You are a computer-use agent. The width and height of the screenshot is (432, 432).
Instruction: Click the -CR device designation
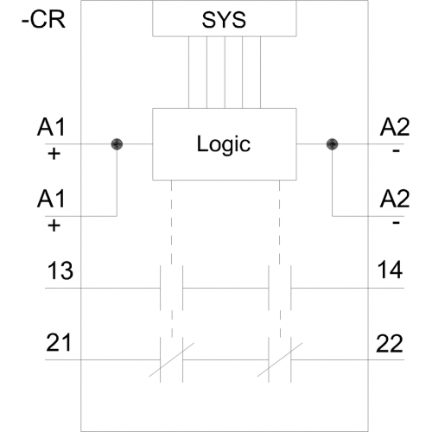[x=44, y=20]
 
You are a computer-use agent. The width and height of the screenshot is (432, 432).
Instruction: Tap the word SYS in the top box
[x=224, y=20]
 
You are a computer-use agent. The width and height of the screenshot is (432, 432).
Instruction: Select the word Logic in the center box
[x=224, y=144]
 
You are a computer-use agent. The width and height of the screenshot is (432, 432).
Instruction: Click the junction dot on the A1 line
[x=117, y=144]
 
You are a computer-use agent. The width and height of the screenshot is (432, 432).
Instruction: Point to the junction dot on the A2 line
[x=332, y=144]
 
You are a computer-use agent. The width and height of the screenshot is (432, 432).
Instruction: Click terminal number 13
[x=60, y=270]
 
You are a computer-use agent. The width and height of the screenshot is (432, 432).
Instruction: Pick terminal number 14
[x=390, y=270]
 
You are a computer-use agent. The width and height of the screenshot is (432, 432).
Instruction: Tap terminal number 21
[x=59, y=342]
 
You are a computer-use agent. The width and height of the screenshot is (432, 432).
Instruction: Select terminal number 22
[x=390, y=343]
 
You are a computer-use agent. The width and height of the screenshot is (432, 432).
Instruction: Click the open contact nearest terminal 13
[x=171, y=288]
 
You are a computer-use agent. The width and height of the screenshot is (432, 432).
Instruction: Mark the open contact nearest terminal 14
[x=280, y=288]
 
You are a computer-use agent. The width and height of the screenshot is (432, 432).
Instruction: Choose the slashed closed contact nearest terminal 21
[x=171, y=359]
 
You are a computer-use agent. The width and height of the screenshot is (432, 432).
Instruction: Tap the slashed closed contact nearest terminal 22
[x=280, y=359]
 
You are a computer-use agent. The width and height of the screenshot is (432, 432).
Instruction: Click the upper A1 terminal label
[x=51, y=127]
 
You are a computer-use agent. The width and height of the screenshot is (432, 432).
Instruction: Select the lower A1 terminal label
[x=51, y=199]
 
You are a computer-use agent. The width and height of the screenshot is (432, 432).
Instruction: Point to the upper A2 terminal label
[x=395, y=127]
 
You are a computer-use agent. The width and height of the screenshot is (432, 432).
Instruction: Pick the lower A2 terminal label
[x=395, y=199]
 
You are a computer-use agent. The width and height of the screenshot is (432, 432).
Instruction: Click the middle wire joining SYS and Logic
[x=225, y=73]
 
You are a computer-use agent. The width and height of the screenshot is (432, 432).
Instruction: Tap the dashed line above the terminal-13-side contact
[x=171, y=222]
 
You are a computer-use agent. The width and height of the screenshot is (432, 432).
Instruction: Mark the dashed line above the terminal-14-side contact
[x=280, y=222]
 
